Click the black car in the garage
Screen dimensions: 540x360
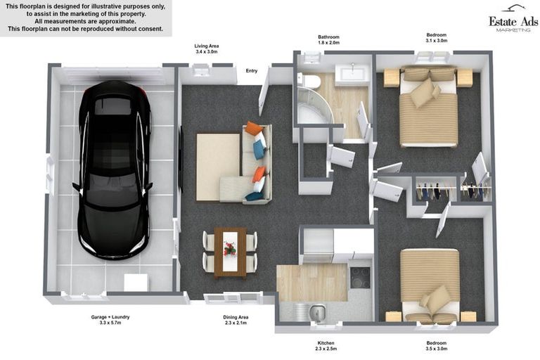click(x=114, y=169)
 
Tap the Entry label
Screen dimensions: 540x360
click(x=252, y=70)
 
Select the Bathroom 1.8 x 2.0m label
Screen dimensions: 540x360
click(x=328, y=39)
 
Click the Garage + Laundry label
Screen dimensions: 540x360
click(x=110, y=320)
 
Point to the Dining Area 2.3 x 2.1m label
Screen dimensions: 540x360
click(x=236, y=320)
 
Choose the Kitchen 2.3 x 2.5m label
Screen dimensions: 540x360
click(x=326, y=345)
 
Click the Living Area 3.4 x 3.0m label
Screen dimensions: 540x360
click(x=206, y=49)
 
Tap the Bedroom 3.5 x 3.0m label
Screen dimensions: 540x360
click(x=437, y=345)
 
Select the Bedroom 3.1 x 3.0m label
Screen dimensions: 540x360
click(x=437, y=37)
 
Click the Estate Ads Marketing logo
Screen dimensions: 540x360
click(x=513, y=19)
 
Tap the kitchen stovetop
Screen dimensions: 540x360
click(x=360, y=277)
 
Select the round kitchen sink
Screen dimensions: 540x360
click(x=317, y=311)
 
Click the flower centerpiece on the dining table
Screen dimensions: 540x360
click(x=230, y=248)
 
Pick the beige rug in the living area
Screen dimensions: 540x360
click(x=218, y=167)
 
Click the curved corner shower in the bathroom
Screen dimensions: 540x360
click(x=314, y=105)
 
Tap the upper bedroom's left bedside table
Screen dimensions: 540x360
click(x=391, y=78)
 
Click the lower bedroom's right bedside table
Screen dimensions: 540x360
click(x=468, y=316)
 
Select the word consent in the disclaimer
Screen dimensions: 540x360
click(x=150, y=29)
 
